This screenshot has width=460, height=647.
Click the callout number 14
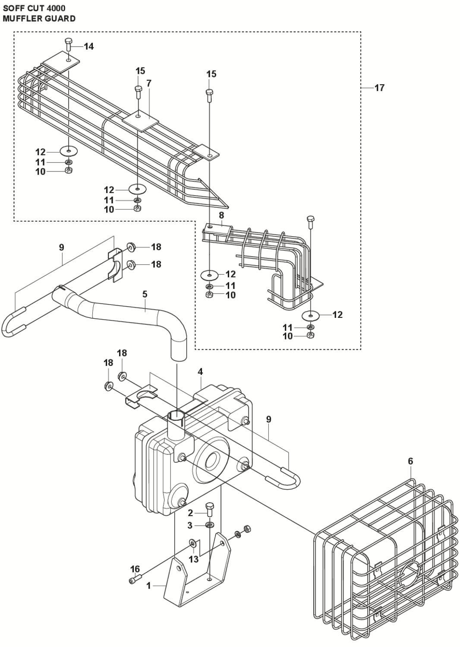coord(89,46)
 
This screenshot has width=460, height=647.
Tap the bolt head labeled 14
coord(68,41)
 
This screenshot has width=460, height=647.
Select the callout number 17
coord(379,88)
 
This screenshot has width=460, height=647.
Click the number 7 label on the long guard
coord(148,83)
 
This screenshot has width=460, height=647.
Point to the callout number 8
coord(222,216)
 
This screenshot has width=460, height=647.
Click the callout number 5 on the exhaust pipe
coord(145,294)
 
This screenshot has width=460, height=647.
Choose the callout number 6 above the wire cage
coord(411,461)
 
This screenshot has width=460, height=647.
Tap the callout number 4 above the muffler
coord(200,372)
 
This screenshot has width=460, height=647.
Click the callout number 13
coord(194,559)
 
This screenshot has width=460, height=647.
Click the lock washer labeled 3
coord(210,524)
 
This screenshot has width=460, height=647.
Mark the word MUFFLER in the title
coord(20,19)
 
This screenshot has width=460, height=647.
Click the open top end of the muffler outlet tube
coord(176,415)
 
